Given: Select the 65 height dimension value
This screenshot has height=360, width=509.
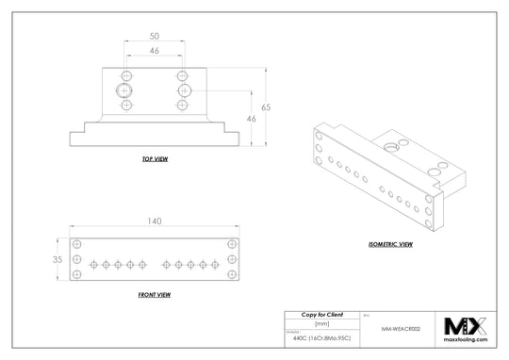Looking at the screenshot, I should click(267, 109).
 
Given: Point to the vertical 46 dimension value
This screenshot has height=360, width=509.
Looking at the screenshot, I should click(251, 120).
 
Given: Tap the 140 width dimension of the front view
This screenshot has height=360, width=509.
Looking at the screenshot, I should click(154, 222).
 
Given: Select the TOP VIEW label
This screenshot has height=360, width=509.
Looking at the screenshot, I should click(154, 161).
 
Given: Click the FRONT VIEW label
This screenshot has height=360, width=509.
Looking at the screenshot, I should click(154, 295).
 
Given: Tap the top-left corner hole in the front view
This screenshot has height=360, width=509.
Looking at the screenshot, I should click(77, 244).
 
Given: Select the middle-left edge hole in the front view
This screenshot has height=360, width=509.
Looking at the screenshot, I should click(77, 259).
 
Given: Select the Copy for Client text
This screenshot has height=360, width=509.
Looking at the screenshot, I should click(320, 313).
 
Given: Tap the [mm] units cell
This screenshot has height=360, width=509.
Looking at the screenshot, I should click(320, 322).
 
